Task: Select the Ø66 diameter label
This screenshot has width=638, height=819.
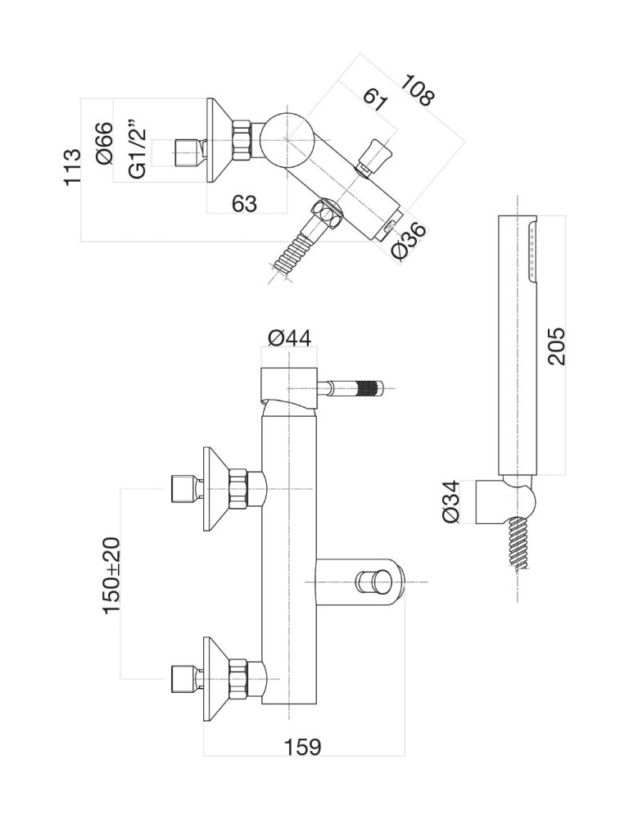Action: (104, 144)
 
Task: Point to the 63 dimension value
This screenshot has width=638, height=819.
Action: (244, 204)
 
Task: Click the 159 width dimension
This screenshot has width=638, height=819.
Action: (303, 748)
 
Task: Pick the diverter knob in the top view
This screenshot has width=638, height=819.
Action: (375, 154)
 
